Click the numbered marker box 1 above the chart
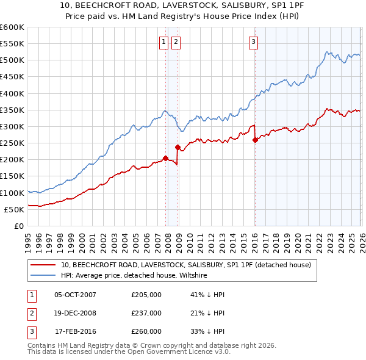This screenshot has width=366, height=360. (x=164, y=42)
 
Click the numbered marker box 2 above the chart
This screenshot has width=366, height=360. (x=176, y=42)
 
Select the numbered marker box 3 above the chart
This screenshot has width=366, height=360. (x=253, y=42)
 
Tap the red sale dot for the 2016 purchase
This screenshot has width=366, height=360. (x=255, y=140)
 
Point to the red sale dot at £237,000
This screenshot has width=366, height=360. (x=178, y=147)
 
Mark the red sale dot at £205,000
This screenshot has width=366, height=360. (x=165, y=158)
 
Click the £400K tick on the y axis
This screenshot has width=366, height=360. (x=12, y=93)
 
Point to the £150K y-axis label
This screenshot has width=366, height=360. (x=12, y=176)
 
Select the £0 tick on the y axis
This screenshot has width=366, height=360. (x=19, y=226)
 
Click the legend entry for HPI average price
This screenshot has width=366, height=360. (x=134, y=276)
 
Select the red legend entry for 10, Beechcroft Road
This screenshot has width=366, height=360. (x=186, y=265)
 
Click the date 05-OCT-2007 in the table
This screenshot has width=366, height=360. (x=75, y=295)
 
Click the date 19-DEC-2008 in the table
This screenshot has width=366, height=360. (x=75, y=313)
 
